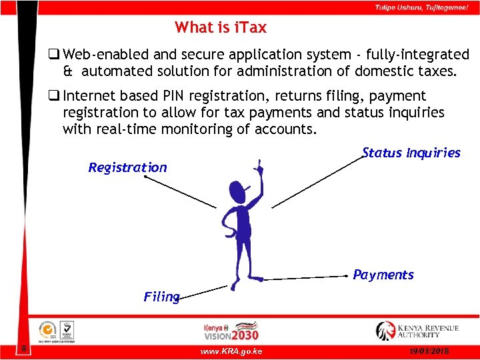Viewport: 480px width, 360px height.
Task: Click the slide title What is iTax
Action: coord(221,27)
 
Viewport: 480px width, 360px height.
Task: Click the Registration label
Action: coord(127,167)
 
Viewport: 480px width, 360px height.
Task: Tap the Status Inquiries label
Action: coord(411,153)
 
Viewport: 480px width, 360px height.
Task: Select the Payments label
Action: coord(383,275)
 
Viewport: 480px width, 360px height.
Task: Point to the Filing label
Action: coord(161,297)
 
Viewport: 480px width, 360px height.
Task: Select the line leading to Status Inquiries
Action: coord(317,182)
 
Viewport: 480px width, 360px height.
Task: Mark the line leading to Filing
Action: coord(203,291)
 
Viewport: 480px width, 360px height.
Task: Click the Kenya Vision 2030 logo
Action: coord(231,331)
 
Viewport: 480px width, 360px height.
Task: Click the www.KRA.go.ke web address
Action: coord(231,351)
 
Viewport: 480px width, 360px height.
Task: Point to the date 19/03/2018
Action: coord(431,351)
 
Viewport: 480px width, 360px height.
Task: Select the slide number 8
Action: coord(23,349)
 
